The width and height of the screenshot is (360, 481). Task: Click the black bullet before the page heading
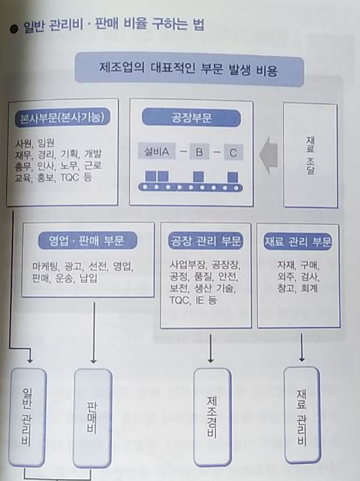pos(14,29)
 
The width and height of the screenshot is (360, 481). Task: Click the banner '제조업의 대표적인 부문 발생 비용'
pos(190,69)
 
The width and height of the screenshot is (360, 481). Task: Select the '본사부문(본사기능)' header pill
pos(63,117)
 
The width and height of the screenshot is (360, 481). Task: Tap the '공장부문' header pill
pos(192,118)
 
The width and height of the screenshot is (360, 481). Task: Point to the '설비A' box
pos(157,151)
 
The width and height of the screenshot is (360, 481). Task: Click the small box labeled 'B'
pos(199,152)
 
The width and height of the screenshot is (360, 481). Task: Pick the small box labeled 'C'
pos(233,153)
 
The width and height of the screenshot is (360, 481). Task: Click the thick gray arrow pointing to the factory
pos(269,155)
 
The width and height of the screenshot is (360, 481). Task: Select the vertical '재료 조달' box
pos(311,155)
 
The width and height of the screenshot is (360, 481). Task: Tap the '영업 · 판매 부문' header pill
pos(88,241)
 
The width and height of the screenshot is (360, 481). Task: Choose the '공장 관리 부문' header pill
pos(205,241)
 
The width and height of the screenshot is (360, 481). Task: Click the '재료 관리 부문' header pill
pos(297,241)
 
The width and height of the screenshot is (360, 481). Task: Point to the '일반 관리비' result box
pos(28,417)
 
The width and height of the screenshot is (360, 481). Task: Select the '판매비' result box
pos(93,418)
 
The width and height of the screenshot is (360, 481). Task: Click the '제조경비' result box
pos(213,417)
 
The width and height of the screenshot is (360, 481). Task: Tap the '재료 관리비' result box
pos(302,416)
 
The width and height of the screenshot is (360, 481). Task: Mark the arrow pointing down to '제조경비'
pos(211,348)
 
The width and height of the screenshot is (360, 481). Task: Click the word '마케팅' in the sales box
pos(45,266)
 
